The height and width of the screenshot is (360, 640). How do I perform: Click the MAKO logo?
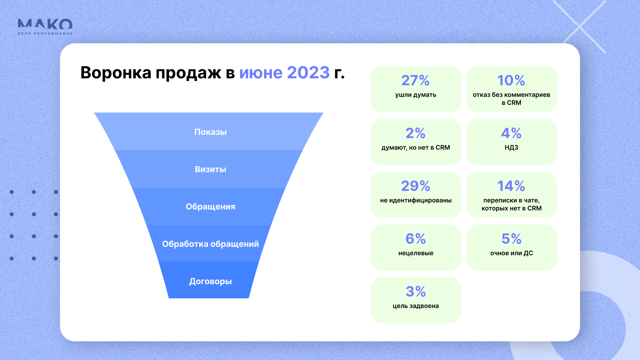coord(45,27)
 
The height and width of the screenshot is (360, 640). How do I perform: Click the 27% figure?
coord(415,80)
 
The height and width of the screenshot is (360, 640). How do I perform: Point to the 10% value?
coord(511,80)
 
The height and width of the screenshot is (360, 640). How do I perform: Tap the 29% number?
coord(416,186)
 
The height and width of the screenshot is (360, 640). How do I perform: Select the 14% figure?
coord(511,186)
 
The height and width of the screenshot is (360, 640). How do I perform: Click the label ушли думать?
coord(416,95)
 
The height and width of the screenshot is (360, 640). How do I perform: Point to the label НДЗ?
coord(511,148)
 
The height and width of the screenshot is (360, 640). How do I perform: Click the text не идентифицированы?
coord(416,200)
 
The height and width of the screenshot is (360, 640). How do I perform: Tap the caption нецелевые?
coord(416,253)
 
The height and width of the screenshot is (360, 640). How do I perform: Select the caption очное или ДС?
coord(511,253)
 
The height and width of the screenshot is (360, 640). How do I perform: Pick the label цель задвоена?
coord(416,306)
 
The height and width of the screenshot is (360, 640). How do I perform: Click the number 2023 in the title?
coord(308,73)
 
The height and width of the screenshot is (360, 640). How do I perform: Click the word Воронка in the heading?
coord(116,73)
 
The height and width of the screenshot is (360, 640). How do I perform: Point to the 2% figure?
coord(415,133)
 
